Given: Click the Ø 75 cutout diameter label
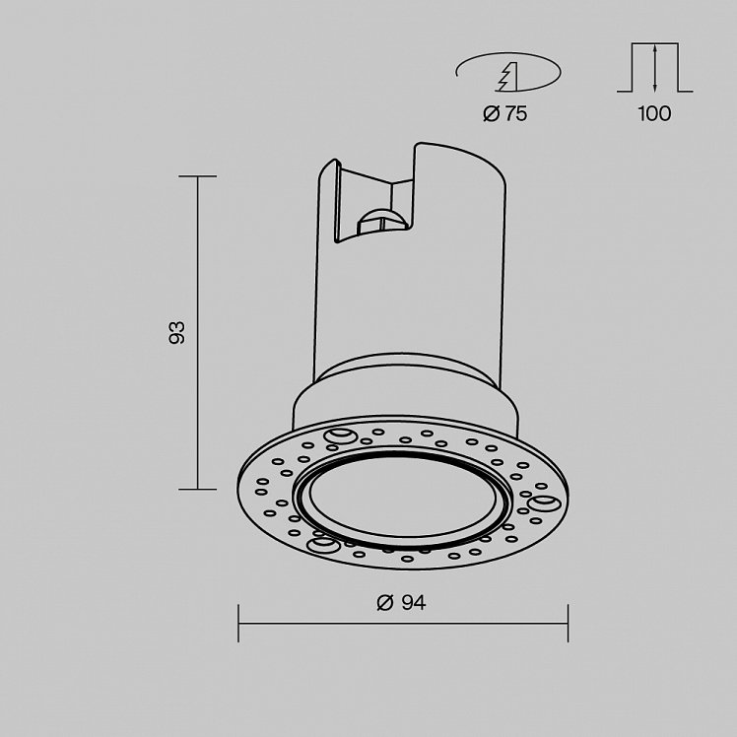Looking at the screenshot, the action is tap(505, 113).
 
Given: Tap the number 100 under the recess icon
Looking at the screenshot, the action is tap(654, 113).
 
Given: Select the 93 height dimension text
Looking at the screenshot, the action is tap(176, 333).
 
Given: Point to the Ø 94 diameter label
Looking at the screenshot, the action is tap(401, 603).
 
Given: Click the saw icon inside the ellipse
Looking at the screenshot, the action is tap(507, 77).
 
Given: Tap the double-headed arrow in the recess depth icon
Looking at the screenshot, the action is tap(655, 67).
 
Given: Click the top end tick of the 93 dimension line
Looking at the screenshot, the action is tap(197, 176).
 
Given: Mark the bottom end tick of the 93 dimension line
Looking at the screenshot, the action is tap(197, 490).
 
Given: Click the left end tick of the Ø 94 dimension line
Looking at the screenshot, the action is tap(238, 624).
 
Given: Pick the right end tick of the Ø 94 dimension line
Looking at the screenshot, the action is tap(568, 624).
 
